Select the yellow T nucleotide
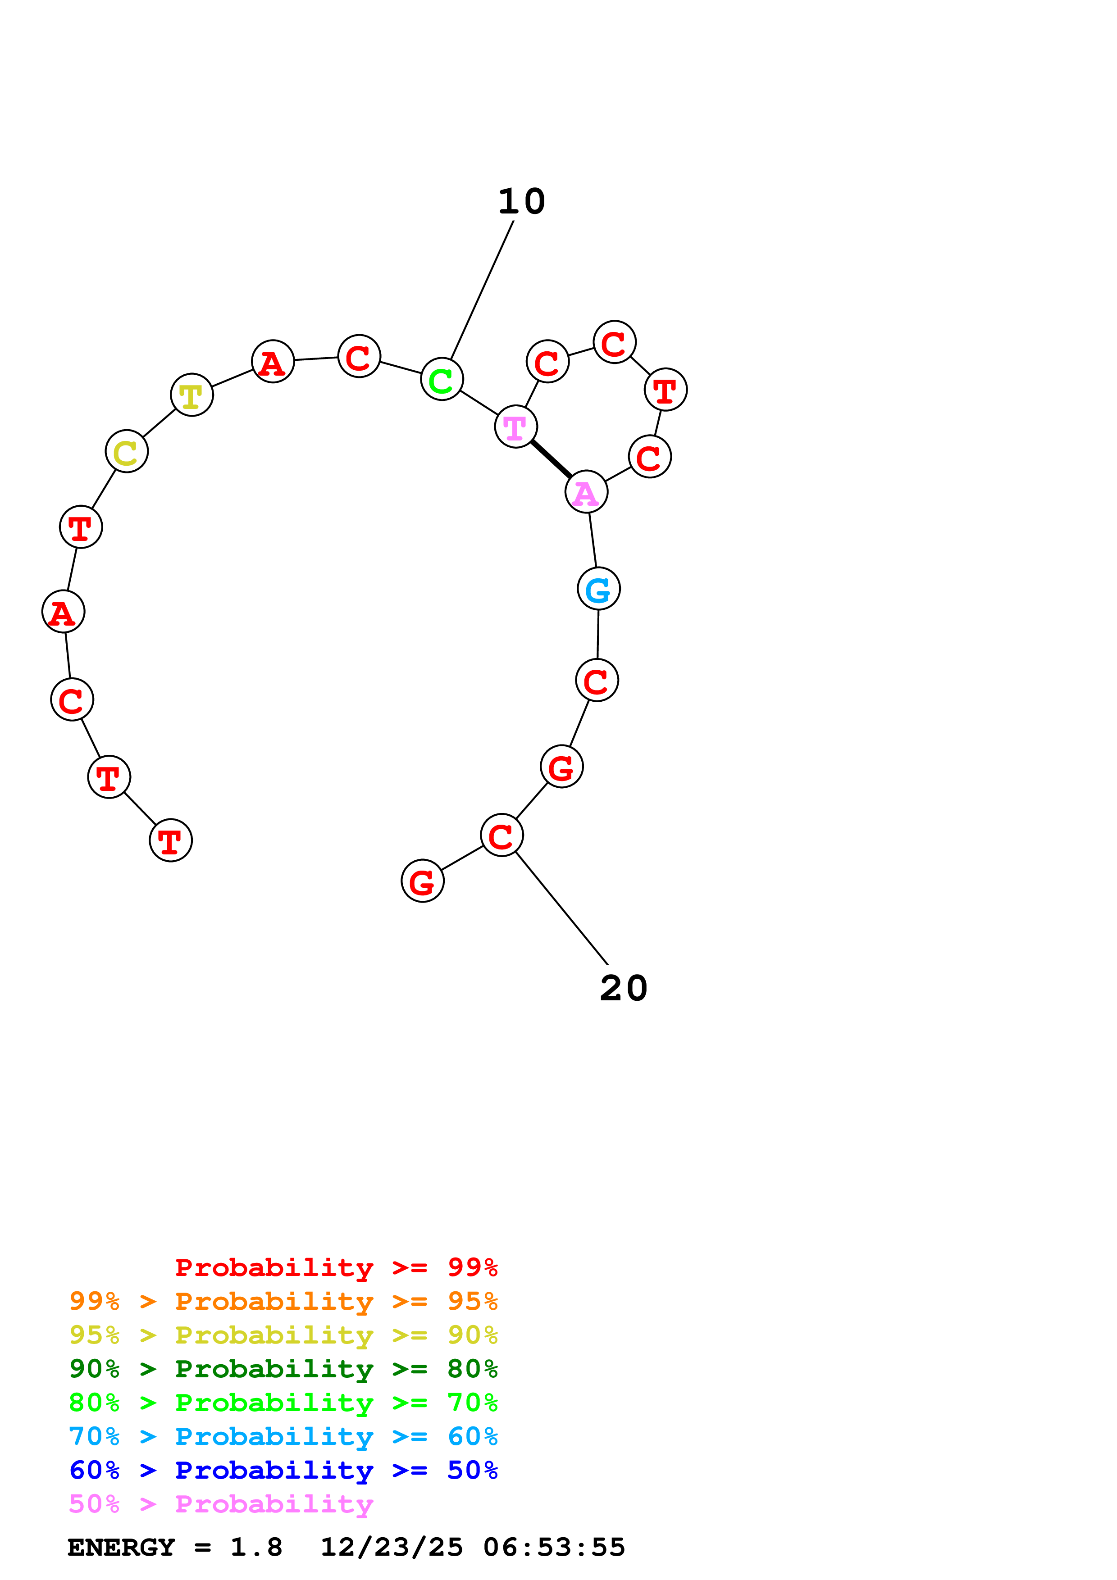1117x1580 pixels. [x=191, y=395]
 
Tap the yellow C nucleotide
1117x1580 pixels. [x=127, y=451]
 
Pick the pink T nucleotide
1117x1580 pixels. [x=515, y=427]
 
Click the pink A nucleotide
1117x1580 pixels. [x=586, y=492]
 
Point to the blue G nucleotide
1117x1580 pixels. [x=598, y=588]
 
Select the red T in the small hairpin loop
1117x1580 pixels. [x=666, y=390]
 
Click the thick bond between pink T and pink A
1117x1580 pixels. [x=551, y=459]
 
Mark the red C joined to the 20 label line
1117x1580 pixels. [x=502, y=835]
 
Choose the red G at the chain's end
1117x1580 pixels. [x=423, y=881]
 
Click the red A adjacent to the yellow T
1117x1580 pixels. [x=273, y=361]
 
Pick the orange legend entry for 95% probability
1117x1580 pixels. [x=283, y=1301]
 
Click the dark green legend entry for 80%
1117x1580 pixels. [x=283, y=1369]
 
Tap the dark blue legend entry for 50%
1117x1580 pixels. [x=283, y=1471]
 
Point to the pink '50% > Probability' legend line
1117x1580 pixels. [x=220, y=1504]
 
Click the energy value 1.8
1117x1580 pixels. [x=256, y=1548]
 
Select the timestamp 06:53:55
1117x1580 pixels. [x=554, y=1548]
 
